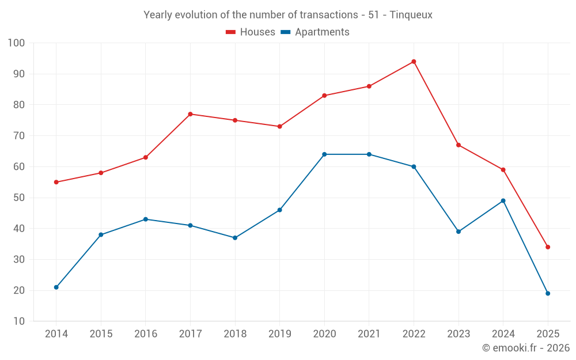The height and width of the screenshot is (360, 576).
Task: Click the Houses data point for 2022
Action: pos(414,62)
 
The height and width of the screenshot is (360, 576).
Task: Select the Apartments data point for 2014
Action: pos(56,287)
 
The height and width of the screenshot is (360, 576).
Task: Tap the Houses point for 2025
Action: pos(548,247)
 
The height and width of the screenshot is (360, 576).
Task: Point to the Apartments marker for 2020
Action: pos(324,154)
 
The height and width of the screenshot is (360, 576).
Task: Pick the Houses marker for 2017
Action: pos(190,114)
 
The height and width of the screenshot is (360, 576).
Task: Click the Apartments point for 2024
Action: pos(503,200)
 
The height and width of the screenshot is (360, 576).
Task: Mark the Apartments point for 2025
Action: pos(548,293)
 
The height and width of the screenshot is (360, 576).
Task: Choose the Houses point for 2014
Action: pos(56,182)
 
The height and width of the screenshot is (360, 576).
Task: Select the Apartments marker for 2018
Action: pos(235,238)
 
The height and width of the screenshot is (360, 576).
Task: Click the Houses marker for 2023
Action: pos(458,145)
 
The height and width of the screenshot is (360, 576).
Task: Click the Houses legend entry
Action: pos(251,32)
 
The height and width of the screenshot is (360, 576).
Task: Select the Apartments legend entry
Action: pos(315,32)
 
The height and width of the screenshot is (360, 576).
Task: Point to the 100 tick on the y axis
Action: pos(16,43)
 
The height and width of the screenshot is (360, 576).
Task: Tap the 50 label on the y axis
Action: pos(19,198)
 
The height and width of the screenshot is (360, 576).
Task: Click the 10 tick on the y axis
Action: pos(19,321)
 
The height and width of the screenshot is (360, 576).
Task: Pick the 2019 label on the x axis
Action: pos(280,334)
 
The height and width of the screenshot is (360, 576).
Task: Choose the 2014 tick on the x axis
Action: pos(56,334)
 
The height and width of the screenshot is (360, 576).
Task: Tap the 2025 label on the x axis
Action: pos(548,334)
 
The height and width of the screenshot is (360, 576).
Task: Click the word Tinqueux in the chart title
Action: pos(411,15)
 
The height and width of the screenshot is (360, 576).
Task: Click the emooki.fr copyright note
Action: pos(526,348)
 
